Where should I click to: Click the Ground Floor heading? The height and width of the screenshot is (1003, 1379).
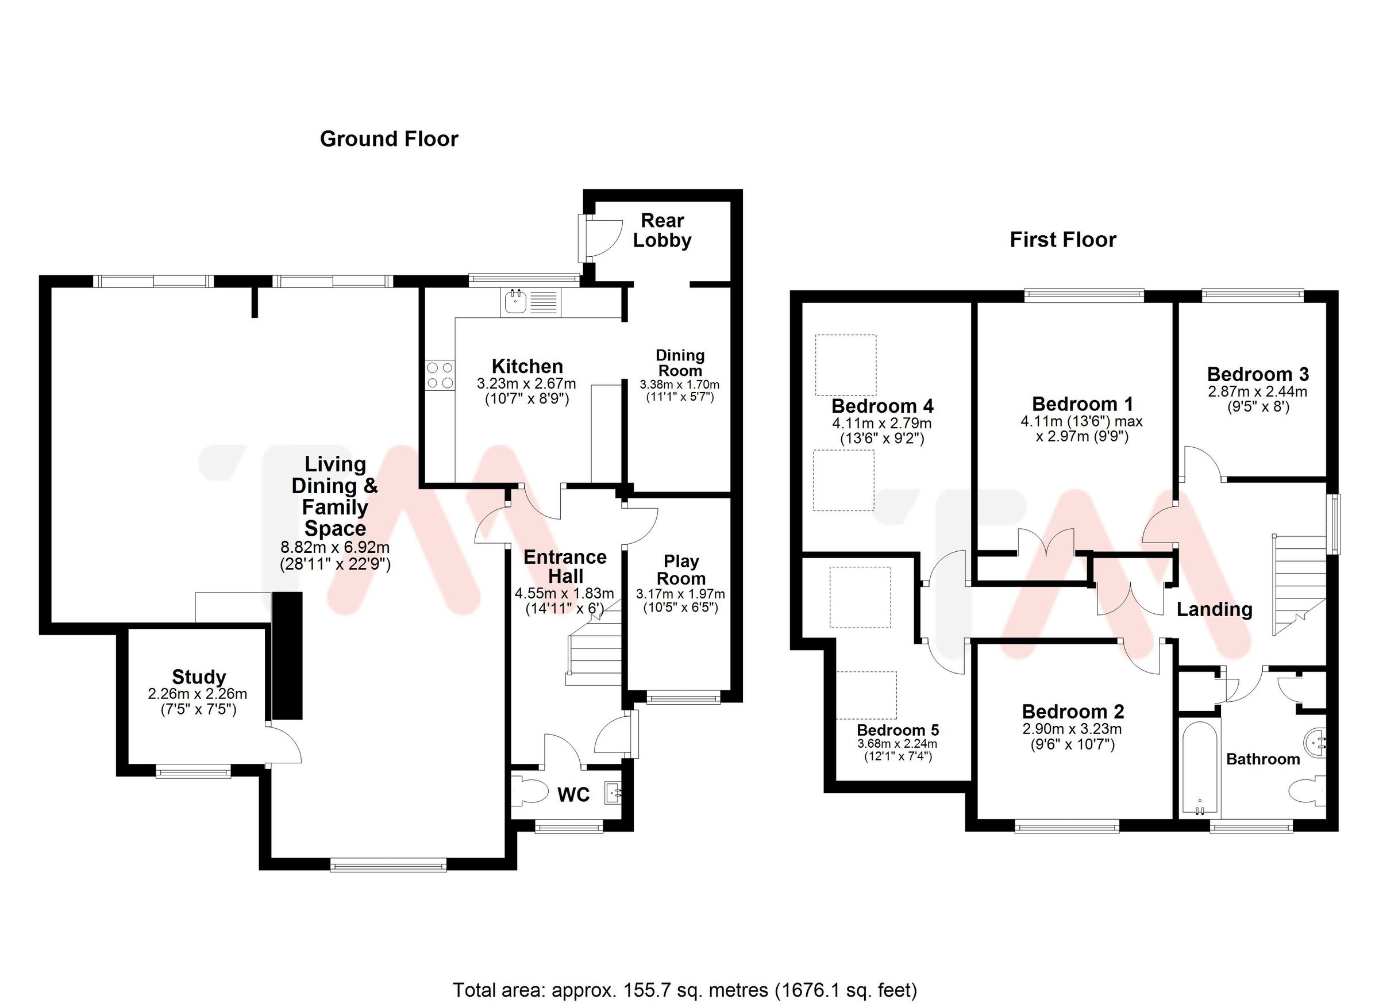[388, 139]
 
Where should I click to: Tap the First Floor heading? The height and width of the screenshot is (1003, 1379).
[1063, 240]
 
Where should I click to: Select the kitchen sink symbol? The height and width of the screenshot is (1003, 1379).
[515, 302]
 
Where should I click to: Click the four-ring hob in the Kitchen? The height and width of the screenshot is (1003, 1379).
[440, 375]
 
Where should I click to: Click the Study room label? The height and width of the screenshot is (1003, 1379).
[199, 677]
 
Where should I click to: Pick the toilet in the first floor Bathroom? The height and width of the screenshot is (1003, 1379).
[1306, 791]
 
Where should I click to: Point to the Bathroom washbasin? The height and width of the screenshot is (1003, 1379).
[1315, 742]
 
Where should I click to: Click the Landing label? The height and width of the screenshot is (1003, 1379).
[1214, 609]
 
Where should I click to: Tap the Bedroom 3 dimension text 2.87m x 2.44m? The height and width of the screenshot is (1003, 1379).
[1257, 391]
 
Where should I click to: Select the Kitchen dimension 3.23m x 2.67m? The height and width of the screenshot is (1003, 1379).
[526, 384]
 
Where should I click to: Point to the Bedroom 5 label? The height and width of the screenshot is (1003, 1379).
[897, 730]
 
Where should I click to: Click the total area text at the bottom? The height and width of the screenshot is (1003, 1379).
[685, 990]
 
